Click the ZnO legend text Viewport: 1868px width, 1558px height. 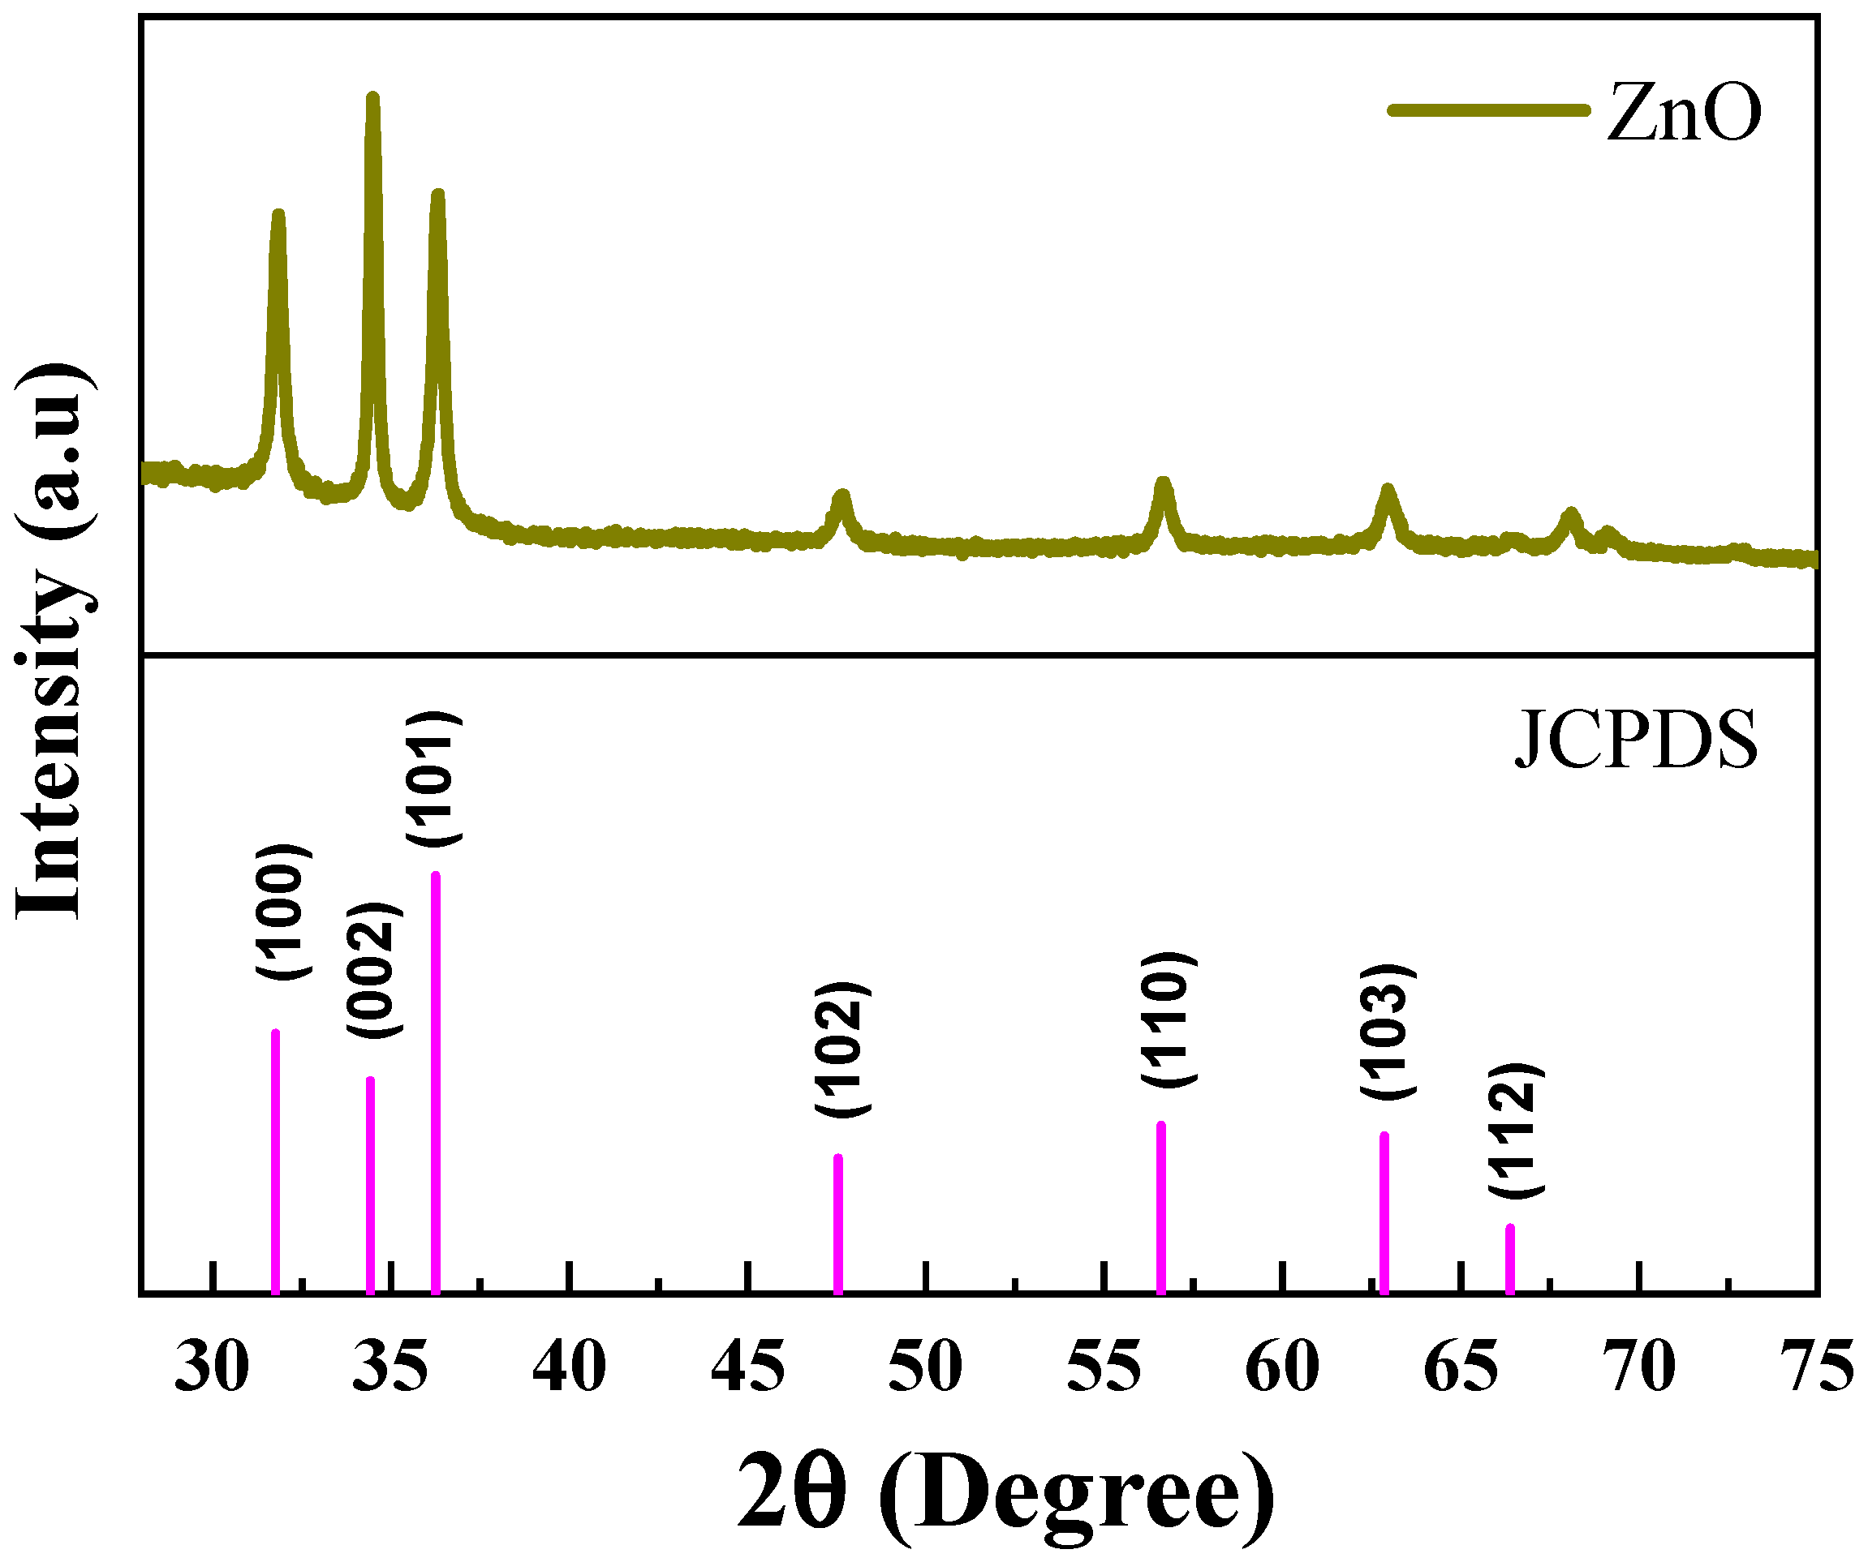pos(1684,113)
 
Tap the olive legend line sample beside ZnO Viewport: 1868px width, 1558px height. pos(1488,110)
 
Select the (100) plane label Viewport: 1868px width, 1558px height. pos(284,912)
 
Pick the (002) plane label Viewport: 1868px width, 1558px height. pos(374,969)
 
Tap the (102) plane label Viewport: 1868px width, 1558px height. pos(842,1049)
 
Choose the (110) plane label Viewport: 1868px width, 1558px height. pos(1168,1018)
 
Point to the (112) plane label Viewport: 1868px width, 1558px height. pos(1515,1131)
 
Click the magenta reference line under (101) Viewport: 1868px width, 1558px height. pos(436,1085)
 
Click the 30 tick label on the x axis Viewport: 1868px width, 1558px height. pos(212,1367)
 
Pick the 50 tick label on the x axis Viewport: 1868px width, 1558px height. pos(925,1367)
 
